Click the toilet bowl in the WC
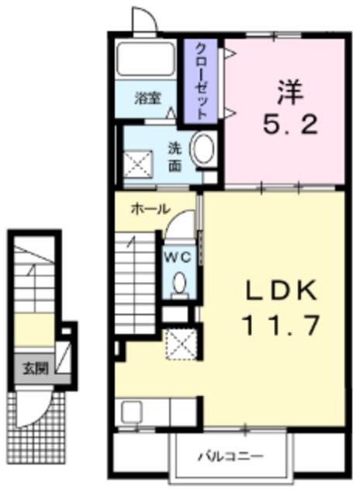click(x=180, y=284)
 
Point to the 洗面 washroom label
click(x=175, y=158)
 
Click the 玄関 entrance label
click(x=32, y=367)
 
